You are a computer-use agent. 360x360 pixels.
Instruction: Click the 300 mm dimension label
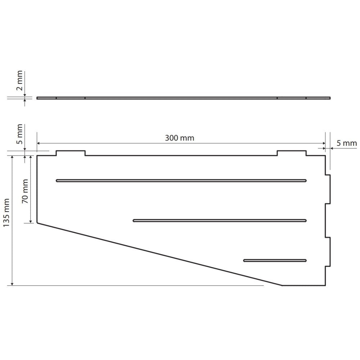pyautogui.click(x=180, y=138)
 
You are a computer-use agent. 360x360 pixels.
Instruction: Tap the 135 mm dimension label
pyautogui.click(x=6, y=213)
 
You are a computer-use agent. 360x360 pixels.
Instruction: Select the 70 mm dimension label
pyautogui.click(x=25, y=191)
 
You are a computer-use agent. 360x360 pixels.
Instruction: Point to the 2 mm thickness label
pyautogui.click(x=19, y=81)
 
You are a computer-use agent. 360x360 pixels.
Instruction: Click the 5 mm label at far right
pyautogui.click(x=347, y=143)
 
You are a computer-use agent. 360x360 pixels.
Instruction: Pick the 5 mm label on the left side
pyautogui.click(x=19, y=134)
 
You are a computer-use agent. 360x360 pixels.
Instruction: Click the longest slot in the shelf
pyautogui.click(x=181, y=181)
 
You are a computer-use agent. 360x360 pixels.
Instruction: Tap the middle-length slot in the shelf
pyautogui.click(x=220, y=221)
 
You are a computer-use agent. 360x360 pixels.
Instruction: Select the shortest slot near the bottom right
pyautogui.click(x=275, y=260)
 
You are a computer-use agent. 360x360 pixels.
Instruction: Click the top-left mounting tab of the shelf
pyautogui.click(x=71, y=153)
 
